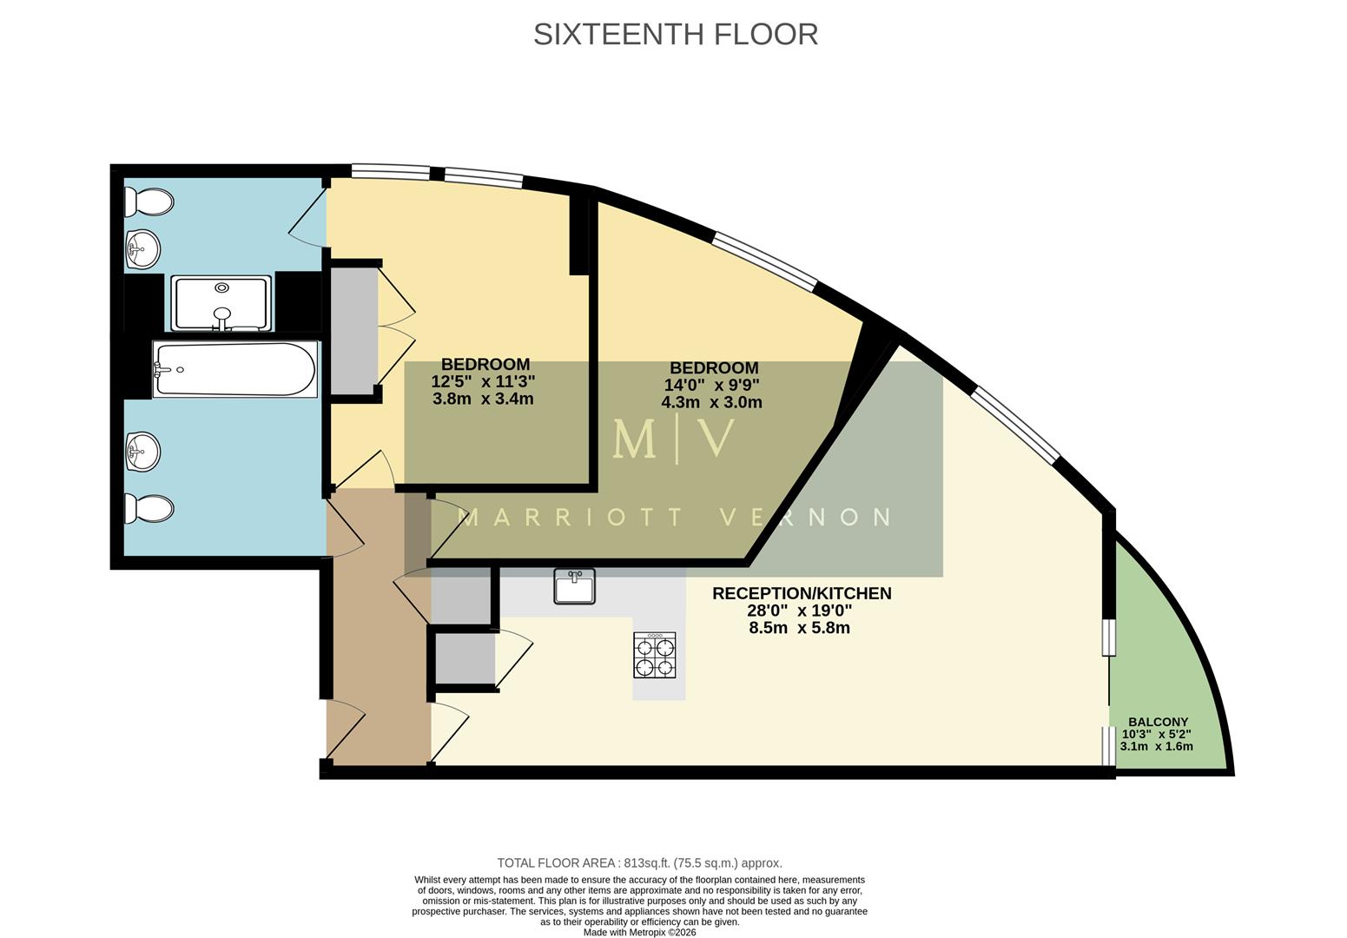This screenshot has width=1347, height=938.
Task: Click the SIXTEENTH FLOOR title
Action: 675,34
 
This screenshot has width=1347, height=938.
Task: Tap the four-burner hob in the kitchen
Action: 655,655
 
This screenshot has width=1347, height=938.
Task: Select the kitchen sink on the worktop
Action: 574,586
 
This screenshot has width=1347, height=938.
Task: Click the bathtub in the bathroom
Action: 234,369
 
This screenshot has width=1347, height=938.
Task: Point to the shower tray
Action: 221,303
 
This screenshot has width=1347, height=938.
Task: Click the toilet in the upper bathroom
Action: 149,201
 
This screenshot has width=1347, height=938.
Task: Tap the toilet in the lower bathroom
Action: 149,509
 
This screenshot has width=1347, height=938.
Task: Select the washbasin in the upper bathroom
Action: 142,250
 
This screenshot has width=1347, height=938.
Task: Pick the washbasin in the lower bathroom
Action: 142,452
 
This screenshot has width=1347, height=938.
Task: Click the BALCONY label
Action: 1158,722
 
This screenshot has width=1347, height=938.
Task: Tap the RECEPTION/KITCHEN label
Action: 801,593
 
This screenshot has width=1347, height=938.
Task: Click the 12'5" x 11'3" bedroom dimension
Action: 483,381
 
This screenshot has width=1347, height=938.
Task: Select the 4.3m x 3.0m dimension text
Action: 711,402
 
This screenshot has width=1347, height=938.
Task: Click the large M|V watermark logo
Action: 674,439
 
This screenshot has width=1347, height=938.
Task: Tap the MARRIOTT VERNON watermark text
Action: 674,518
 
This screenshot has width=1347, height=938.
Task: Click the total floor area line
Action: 639,862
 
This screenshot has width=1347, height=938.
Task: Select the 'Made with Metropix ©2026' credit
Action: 639,932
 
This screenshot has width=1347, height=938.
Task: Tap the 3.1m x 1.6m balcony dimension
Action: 1156,746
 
